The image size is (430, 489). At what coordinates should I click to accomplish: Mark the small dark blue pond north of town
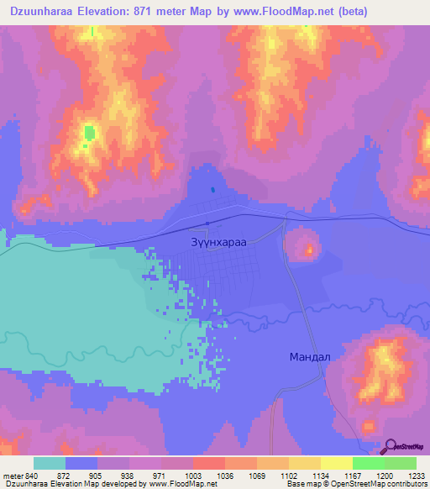[x=212, y=190]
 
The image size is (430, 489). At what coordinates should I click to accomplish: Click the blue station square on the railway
[x=207, y=223]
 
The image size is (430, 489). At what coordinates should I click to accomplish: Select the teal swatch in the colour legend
[x=50, y=463]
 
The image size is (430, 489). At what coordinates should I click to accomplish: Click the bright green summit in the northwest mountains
[x=88, y=132]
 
